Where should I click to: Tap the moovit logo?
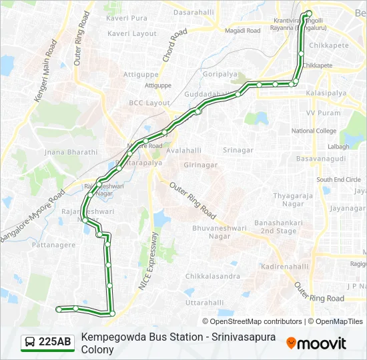tap(316, 343)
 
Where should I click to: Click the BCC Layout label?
tap(149, 103)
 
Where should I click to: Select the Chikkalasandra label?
tap(213, 276)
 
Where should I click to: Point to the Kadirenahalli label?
tap(285, 266)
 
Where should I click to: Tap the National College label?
tap(314, 131)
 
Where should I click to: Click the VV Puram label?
tap(320, 113)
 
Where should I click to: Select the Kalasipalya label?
tap(325, 95)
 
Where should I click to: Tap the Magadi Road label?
tap(243, 30)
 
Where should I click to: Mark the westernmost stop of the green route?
tap(59, 309)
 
